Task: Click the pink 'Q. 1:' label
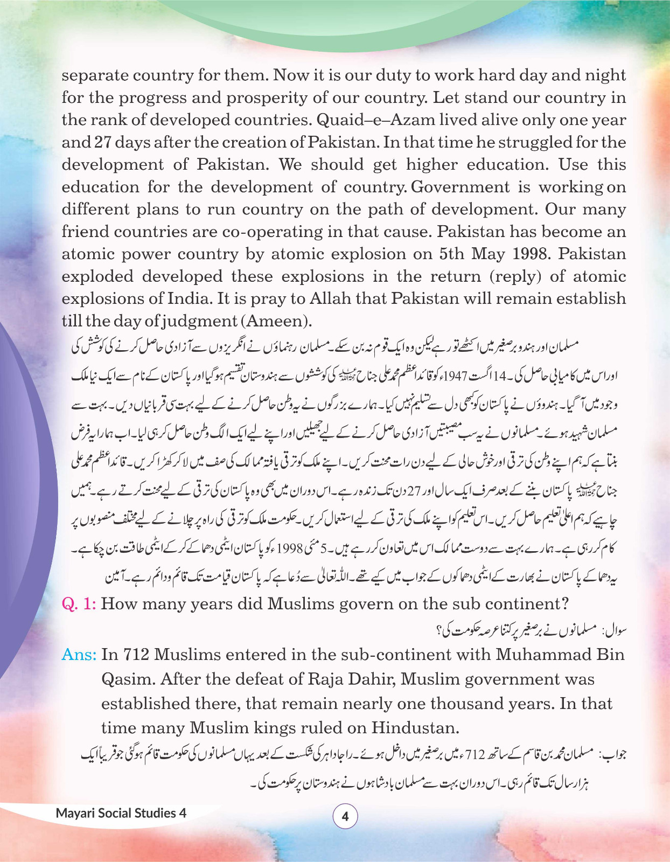[x=79, y=603]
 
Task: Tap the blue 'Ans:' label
[x=79, y=655]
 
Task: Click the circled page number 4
[x=345, y=817]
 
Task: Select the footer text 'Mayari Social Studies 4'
[x=121, y=813]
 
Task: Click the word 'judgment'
[x=191, y=322]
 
